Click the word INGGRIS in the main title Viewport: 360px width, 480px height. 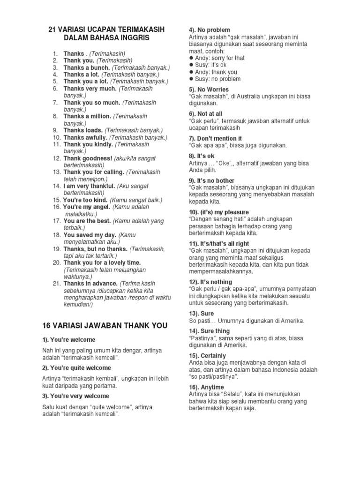tap(133, 37)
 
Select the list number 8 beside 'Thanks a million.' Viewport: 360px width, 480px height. tap(54, 116)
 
